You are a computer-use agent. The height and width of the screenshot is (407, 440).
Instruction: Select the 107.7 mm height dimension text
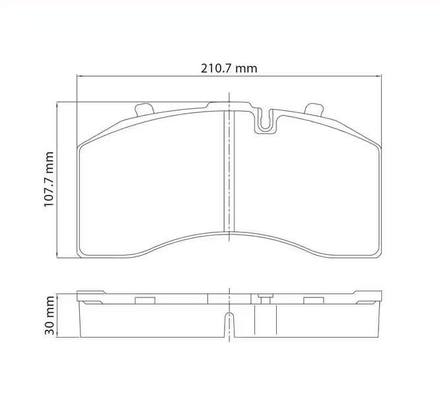[49, 179]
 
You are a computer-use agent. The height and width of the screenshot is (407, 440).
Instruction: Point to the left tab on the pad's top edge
[143, 109]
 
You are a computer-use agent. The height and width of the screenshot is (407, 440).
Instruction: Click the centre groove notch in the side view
[229, 324]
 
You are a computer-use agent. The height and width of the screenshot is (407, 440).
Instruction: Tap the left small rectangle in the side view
[144, 300]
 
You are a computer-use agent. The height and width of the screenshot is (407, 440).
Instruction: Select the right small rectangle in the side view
[312, 300]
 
